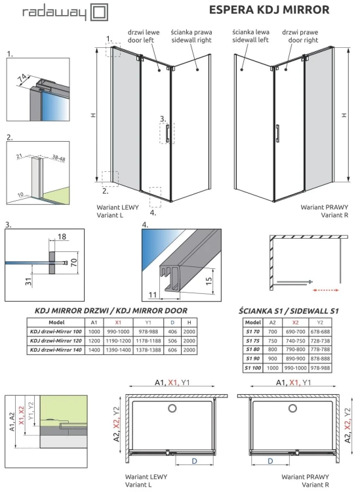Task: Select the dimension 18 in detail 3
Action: click(x=62, y=236)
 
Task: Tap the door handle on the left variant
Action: click(x=169, y=133)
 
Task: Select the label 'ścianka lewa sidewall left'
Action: click(x=250, y=35)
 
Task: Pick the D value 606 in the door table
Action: click(x=172, y=351)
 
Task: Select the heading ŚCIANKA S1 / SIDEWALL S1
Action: click(x=289, y=310)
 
